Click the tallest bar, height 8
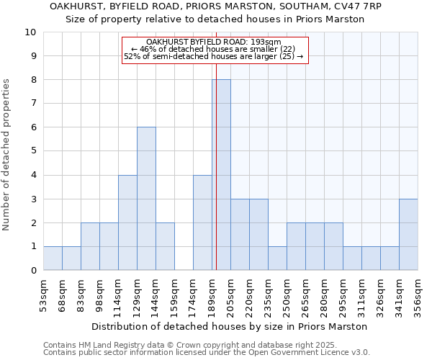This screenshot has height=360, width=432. pos(221,175)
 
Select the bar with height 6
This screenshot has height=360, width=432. pos(146,199)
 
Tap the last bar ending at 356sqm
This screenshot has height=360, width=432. pos(408,235)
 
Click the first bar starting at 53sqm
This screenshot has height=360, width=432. pos(53,258)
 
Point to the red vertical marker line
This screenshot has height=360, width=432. pos(216,144)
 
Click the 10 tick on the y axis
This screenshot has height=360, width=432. pos(30,32)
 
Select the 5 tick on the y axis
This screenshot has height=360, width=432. pos(30,151)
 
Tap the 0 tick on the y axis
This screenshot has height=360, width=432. pos(30,271)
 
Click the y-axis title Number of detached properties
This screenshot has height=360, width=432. pos(7,155)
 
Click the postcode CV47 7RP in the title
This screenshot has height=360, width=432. pos(361,6)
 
